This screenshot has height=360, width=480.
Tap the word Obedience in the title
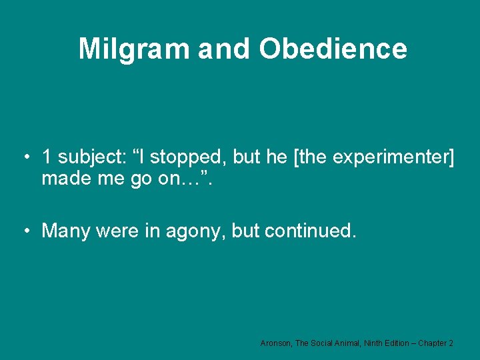pos(333,49)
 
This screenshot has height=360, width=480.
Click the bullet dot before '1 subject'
pos(25,157)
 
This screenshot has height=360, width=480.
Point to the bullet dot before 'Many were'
pos(25,231)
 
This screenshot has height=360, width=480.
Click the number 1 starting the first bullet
pos(46,157)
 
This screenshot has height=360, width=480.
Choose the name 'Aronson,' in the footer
pos(276,343)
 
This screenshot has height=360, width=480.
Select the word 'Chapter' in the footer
pos(433,343)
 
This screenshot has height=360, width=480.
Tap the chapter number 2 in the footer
pos(451,343)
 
